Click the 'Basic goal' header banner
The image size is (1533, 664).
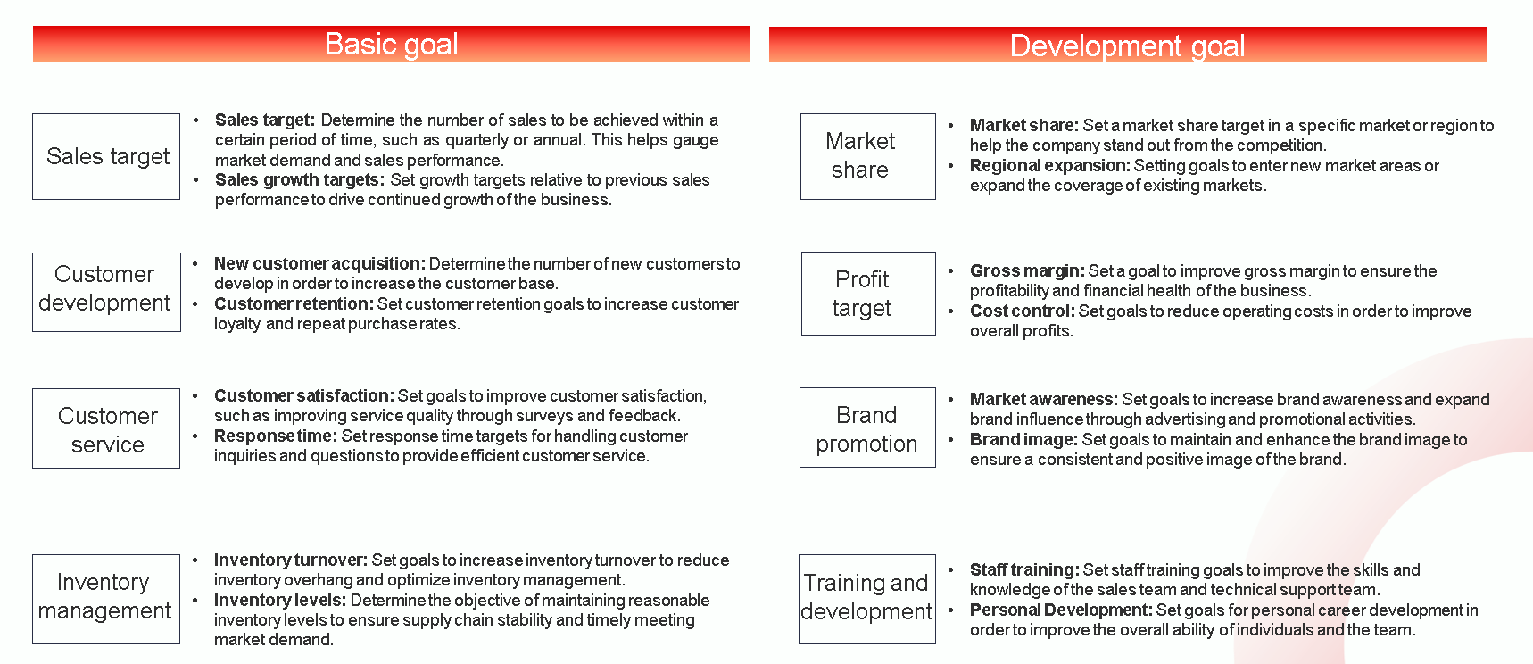pos(391,44)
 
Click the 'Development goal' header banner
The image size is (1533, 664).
pos(1128,45)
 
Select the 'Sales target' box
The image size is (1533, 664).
pos(106,156)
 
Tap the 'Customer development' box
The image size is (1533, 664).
pos(106,292)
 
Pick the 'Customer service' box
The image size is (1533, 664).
pos(106,428)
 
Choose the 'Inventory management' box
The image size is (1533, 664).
pos(106,599)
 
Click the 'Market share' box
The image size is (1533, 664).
pos(868,156)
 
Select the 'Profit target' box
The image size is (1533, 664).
pos(868,294)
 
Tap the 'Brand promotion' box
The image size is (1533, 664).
pos(867,427)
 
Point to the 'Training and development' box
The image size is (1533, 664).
pos(867,599)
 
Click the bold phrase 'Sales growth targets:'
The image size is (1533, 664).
pos(300,180)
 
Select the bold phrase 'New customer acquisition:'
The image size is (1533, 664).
pos(319,264)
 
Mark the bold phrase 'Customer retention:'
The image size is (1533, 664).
pos(294,304)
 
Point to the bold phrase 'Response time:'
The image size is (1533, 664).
pos(276,436)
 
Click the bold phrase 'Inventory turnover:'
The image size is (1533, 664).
pos(291,560)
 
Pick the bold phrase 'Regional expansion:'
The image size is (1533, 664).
pos(1050,166)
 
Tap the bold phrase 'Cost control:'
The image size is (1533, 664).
pos(1023,311)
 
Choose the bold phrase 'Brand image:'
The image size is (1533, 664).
pos(1024,440)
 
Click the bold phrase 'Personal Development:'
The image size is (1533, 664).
pos(1061,610)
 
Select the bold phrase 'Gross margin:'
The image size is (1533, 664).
pos(1027,271)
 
